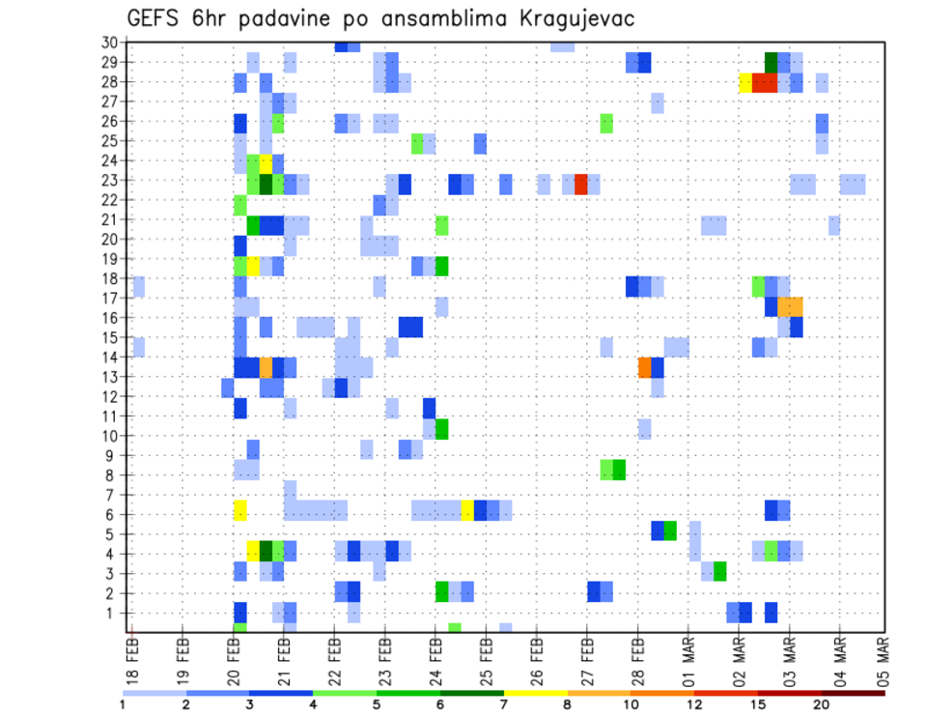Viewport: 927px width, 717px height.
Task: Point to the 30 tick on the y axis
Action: pyautogui.click(x=109, y=42)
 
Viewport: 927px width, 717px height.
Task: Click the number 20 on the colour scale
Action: pyautogui.click(x=822, y=703)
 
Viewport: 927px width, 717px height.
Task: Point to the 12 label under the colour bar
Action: pyautogui.click(x=695, y=703)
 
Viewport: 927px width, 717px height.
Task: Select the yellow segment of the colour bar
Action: pyautogui.click(x=535, y=692)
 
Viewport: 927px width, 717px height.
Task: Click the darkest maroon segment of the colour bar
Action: pyautogui.click(x=853, y=692)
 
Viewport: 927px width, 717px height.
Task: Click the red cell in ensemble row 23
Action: pyautogui.click(x=581, y=184)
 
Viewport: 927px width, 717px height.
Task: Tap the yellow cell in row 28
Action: pyautogui.click(x=745, y=82)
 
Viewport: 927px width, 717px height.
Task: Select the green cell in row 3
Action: pyautogui.click(x=720, y=571)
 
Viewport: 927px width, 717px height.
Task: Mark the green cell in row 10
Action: pyautogui.click(x=442, y=429)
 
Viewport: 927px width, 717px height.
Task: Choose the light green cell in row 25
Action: pyautogui.click(x=417, y=143)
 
